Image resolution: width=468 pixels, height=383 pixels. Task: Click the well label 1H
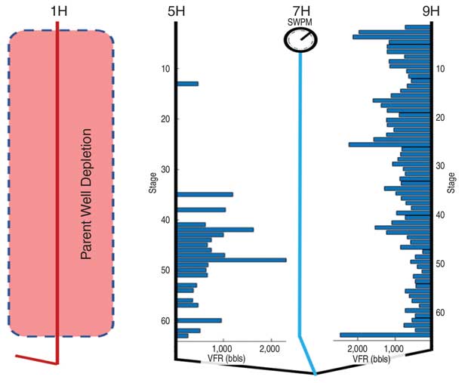coord(57,11)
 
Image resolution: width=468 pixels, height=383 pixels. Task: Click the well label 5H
coord(176,11)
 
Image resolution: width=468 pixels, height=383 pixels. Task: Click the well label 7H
coord(300,11)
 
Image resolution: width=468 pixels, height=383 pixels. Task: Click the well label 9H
coord(430,11)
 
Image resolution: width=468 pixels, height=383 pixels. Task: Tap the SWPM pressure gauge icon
coord(300,40)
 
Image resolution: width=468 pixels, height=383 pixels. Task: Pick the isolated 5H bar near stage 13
coord(187,84)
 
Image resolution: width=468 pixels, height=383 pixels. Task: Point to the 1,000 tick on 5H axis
coord(223,349)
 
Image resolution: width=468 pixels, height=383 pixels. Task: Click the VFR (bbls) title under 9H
coord(370,358)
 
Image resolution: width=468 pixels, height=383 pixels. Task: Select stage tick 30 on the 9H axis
coord(441,166)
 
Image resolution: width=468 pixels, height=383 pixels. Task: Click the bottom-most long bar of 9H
coord(385,335)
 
